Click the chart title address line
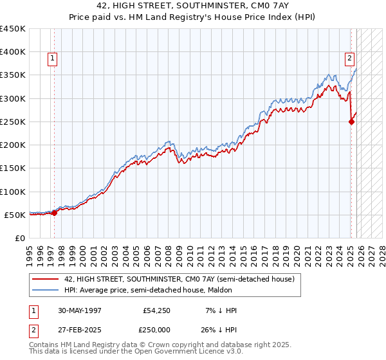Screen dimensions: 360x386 tap(192, 4)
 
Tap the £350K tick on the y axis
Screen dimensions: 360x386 tap(13, 75)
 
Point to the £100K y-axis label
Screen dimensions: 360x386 tap(13, 192)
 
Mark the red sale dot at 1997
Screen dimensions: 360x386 tap(54, 213)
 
